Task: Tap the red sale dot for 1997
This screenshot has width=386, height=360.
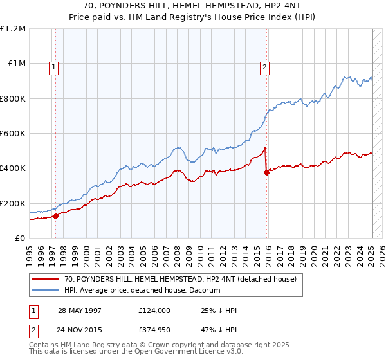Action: point(56,216)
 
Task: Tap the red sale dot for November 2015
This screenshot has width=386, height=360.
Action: point(266,172)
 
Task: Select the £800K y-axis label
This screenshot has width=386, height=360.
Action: point(12,98)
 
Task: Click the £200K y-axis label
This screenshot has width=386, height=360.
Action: point(12,203)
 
